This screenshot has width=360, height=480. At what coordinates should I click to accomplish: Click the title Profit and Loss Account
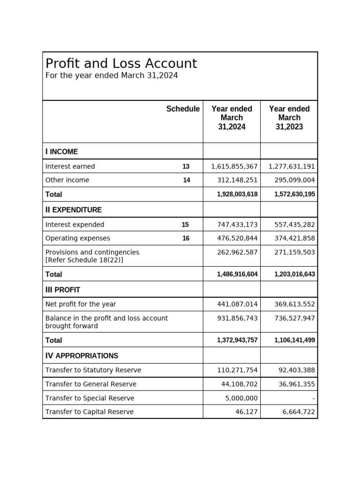[x=121, y=63]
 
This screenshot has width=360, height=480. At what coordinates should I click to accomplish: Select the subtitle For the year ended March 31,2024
[x=112, y=75]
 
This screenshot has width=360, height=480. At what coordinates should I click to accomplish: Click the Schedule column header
[x=183, y=109]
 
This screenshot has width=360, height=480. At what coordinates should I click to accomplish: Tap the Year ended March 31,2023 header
[x=289, y=118]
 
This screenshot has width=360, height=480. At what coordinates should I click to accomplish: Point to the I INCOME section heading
[x=61, y=151]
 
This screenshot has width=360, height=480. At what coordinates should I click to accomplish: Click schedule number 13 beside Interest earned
[x=186, y=166]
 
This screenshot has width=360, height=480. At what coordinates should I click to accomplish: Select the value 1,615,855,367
[x=234, y=166]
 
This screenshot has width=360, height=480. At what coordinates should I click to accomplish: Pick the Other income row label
[x=67, y=180]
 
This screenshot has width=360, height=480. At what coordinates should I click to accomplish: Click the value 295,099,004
[x=292, y=180]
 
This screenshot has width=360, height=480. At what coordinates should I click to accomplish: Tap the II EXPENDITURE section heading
[x=73, y=210]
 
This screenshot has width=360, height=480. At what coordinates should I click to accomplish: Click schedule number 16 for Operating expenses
[x=186, y=238]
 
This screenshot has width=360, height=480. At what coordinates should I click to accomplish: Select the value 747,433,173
[x=237, y=225]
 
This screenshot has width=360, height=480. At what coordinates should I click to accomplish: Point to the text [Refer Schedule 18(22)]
[x=84, y=260]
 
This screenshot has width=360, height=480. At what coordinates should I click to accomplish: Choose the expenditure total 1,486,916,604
[x=237, y=274]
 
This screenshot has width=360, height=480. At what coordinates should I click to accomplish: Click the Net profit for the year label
[x=81, y=304]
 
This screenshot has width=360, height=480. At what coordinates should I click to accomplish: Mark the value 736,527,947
[x=294, y=318]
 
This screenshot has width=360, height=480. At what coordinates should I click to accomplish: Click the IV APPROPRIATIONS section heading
[x=82, y=356]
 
